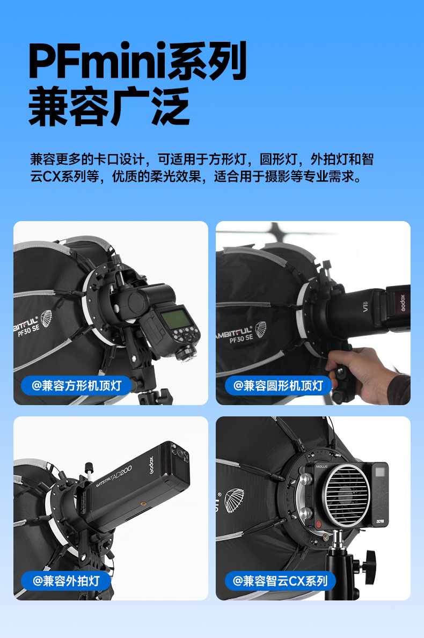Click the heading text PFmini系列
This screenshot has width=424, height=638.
(137, 61)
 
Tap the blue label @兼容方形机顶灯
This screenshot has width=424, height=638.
(77, 385)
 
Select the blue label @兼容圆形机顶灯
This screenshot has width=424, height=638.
(279, 385)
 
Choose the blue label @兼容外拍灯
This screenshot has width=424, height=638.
(67, 581)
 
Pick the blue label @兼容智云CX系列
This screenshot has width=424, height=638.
(280, 581)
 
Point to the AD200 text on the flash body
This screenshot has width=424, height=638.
(122, 474)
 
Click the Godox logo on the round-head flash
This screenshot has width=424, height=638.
(403, 303)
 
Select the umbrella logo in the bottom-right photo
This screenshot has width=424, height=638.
(235, 500)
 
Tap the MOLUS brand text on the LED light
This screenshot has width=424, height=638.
(321, 466)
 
